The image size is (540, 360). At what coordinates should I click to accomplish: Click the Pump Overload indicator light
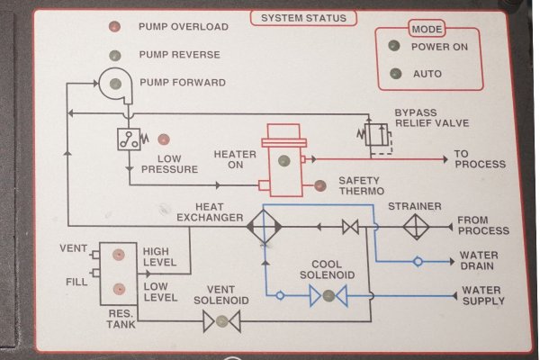(x=114, y=27)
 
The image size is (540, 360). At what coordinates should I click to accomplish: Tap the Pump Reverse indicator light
(x=114, y=55)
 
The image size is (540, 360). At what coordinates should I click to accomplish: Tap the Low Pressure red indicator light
(x=164, y=139)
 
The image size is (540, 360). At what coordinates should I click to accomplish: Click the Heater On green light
(x=283, y=162)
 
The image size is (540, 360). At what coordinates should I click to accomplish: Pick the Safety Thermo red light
(x=319, y=186)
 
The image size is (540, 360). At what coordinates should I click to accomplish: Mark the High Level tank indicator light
(x=116, y=256)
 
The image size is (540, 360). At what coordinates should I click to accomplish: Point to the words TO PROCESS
(x=479, y=159)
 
